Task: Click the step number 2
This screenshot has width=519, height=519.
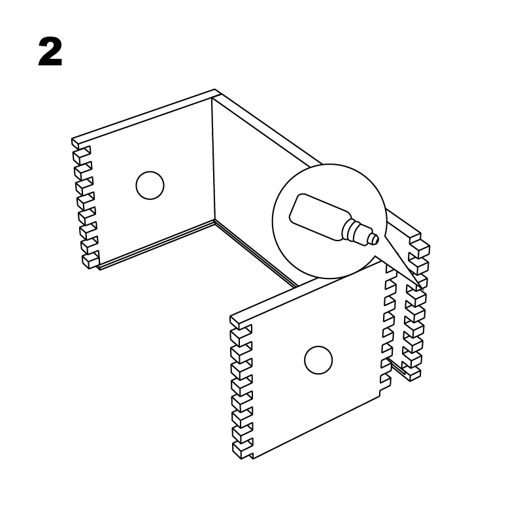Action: pyautogui.click(x=50, y=52)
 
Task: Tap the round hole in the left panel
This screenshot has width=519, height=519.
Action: pyautogui.click(x=150, y=186)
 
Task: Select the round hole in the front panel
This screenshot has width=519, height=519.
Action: pyautogui.click(x=318, y=360)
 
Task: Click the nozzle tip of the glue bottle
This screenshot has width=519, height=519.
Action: pyautogui.click(x=375, y=239)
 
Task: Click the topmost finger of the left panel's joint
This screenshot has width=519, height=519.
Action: pyautogui.click(x=80, y=144)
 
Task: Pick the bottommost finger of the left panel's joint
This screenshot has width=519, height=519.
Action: pyautogui.click(x=90, y=261)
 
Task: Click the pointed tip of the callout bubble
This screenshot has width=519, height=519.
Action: pyautogui.click(x=424, y=290)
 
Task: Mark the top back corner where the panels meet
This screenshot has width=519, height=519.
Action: pyautogui.click(x=214, y=93)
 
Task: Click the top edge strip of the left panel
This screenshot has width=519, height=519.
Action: pyautogui.click(x=144, y=116)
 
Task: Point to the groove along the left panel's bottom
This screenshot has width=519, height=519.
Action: pyautogui.click(x=156, y=244)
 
